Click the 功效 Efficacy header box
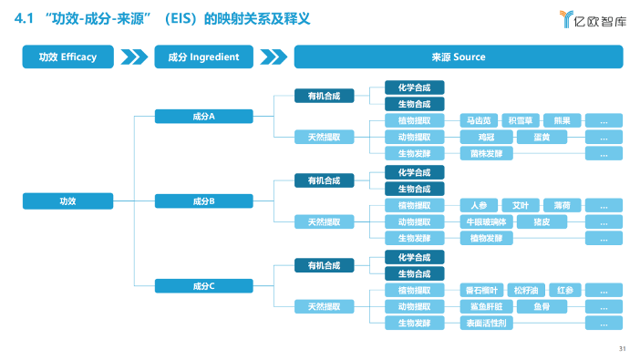coord(67,57)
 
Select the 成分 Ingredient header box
coord(203,57)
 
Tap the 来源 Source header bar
coord(458,57)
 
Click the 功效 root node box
coord(67,201)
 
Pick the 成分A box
coord(203,117)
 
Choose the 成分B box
coord(203,201)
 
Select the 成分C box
coord(203,286)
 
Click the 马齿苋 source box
coord(480,120)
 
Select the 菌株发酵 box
coord(486,154)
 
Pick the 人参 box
coord(480,205)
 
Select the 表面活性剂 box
coord(486,324)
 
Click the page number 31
coord(622,348)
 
